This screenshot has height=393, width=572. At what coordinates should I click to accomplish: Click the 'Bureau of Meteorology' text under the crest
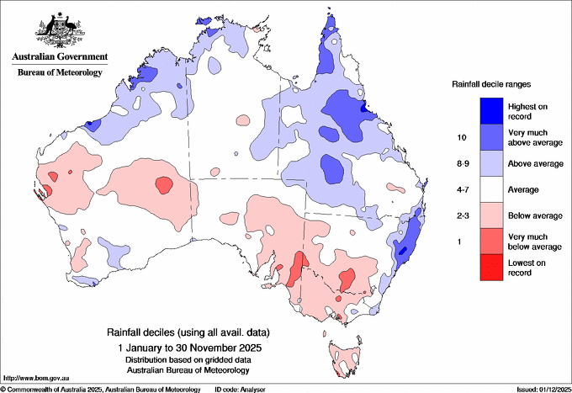(59, 72)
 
